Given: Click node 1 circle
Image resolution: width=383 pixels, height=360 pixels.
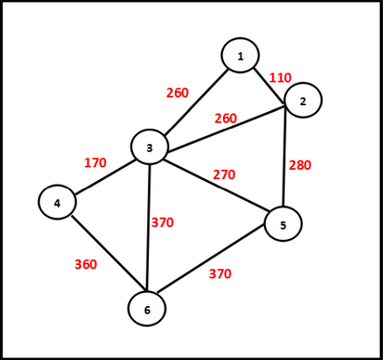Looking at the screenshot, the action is coord(240,56).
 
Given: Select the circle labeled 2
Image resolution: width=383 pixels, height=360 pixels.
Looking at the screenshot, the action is coord(303,100).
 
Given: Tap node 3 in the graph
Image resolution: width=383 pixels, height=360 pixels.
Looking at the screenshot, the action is coord(150,146).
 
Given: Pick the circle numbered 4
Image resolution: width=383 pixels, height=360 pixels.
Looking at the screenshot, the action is coord(57,202).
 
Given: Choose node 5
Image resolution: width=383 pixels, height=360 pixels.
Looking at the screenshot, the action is coord(283,224).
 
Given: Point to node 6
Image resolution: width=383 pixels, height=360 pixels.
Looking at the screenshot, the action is coord(147,309).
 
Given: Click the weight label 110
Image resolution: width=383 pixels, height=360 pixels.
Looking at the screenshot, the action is coord(280,77).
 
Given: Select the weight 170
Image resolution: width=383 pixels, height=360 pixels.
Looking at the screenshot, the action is coord(95,162).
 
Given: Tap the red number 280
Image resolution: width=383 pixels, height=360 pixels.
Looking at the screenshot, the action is coord(300,165).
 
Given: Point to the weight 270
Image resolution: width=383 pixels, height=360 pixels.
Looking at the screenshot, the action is coord(224,175).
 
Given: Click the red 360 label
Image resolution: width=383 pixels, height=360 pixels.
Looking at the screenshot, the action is coord(86,264).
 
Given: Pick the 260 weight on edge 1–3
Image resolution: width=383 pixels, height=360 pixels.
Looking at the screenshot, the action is coord(178,93).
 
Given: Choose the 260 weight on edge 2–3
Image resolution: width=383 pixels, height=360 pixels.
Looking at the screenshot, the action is coord(226,119).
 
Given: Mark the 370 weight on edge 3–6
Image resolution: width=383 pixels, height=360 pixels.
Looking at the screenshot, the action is coord(162,223).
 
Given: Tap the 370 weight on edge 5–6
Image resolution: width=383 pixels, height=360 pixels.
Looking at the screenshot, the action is coord(220,273).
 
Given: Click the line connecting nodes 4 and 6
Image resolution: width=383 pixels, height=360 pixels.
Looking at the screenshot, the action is coord(109,253).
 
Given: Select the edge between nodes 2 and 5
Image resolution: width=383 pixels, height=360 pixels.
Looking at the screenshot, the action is coord(285,156).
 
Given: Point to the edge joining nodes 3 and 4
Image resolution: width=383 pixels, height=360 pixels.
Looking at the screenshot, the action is coord(105,177).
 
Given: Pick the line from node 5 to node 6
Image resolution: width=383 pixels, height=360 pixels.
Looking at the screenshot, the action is coord(211,258).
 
